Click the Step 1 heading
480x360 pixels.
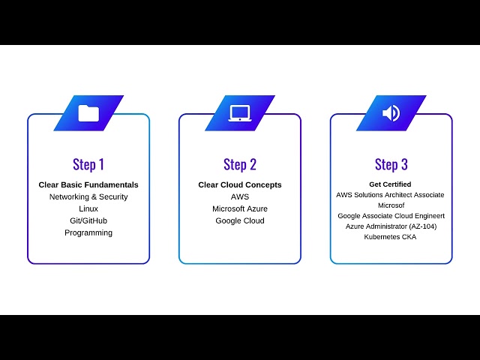pos(88,164)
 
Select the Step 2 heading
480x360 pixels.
pos(240,164)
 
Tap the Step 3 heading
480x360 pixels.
pos(391,164)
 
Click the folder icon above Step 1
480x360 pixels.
pos(88,113)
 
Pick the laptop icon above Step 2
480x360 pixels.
pos(240,113)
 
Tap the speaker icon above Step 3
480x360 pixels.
pos(391,113)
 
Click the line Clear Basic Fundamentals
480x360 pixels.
pos(88,184)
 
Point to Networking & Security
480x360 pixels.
pos(88,196)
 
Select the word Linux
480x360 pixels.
pos(88,208)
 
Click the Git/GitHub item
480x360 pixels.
pos(88,220)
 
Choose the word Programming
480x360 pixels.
pos(88,232)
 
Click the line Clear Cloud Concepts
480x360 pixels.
pos(240,184)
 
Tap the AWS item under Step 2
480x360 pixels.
pos(240,196)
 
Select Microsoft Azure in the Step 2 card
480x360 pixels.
pos(240,208)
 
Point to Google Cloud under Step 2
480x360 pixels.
pos(240,220)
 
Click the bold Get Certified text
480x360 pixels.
pos(390,184)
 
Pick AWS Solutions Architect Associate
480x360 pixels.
pos(390,194)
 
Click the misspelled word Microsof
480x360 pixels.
pos(391,205)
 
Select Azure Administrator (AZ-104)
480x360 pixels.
pos(391,226)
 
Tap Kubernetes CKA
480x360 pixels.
pos(390,237)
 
